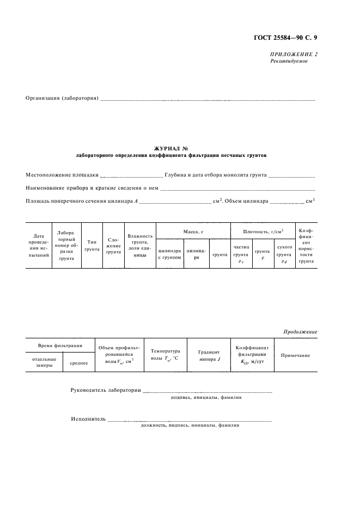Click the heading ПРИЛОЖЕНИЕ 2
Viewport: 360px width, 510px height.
(294, 54)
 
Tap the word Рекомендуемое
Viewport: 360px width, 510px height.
(289, 61)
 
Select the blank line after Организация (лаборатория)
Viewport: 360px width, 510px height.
(208, 99)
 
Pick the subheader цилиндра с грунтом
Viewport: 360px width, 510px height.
(169, 254)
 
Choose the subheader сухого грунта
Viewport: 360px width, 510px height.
(284, 254)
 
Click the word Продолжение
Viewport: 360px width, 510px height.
(300, 332)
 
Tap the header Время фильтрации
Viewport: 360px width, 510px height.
(60, 346)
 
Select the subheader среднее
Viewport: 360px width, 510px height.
(78, 362)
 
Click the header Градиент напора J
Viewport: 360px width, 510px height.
(209, 355)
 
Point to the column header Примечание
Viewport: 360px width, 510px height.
(295, 355)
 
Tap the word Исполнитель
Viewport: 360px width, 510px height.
(88, 419)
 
